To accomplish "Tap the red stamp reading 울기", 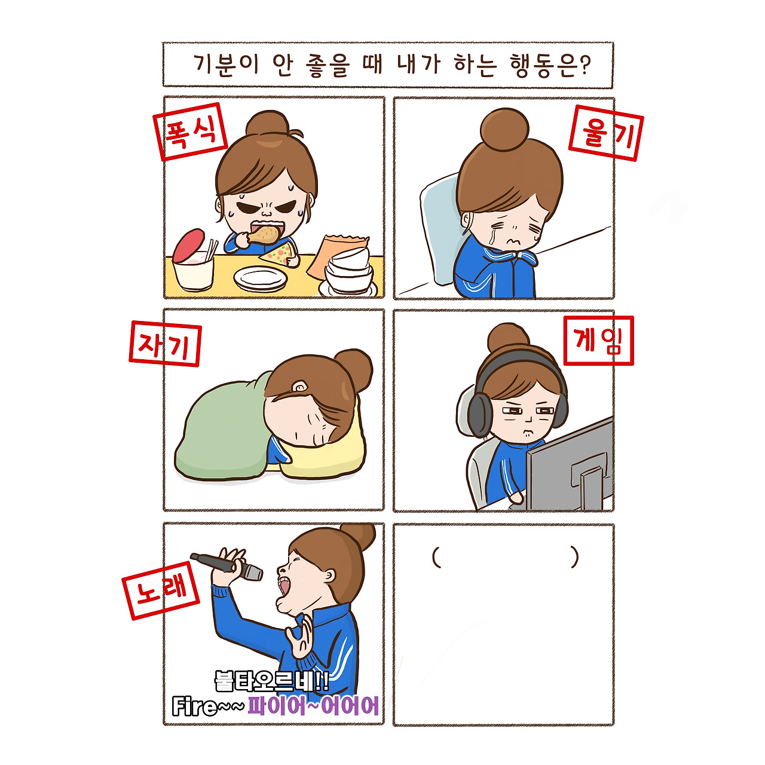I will point(605,133).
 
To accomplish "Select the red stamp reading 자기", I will point(165,344).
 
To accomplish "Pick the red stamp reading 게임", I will point(598,340).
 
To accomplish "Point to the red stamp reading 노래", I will point(161,590).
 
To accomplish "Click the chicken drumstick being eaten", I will point(263,234).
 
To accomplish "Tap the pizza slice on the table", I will point(280,254).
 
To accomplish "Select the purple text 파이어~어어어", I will point(313,706).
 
